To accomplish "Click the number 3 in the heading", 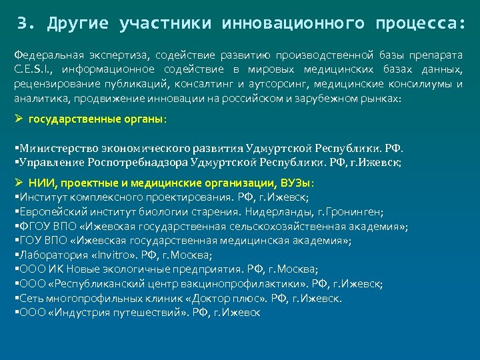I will coord(22,24).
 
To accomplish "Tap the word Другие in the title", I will coord(75,24).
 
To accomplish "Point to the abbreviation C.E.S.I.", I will coord(33,69).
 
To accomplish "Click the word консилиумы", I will coord(421,84).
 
